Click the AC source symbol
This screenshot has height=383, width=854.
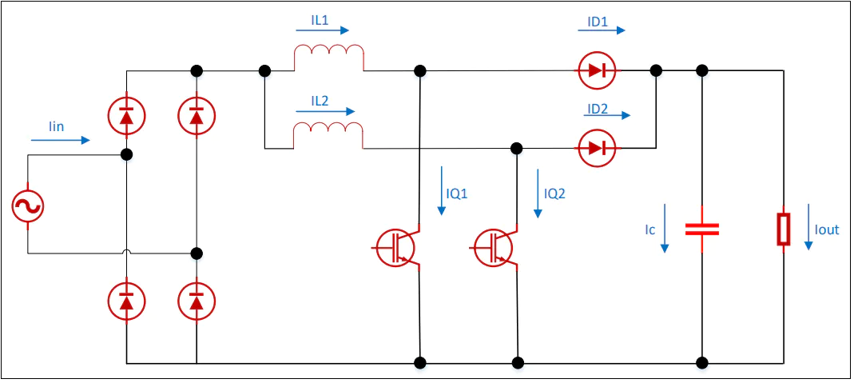click(x=27, y=206)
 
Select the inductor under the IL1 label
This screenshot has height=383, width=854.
click(x=329, y=57)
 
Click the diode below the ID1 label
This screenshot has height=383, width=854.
click(x=598, y=70)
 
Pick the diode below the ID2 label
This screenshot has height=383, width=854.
click(x=598, y=148)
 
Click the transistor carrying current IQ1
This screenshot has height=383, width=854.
click(x=396, y=248)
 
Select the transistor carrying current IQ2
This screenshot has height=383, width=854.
click(x=494, y=248)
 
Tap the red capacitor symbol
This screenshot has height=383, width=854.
click(x=701, y=229)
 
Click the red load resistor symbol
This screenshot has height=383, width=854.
click(x=783, y=229)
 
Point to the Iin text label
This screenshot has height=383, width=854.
click(x=56, y=127)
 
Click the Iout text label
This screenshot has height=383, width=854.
click(x=827, y=230)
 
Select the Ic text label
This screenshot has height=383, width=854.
click(x=649, y=230)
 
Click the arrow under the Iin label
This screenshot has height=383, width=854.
click(x=60, y=141)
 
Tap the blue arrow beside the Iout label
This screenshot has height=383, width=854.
click(x=808, y=226)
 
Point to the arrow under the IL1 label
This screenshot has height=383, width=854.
click(x=322, y=30)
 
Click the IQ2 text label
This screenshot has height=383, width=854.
click(x=554, y=193)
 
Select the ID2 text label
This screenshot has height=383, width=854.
click(x=597, y=109)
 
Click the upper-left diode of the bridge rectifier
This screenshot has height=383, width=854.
click(x=126, y=116)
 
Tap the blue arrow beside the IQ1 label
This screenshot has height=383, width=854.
click(x=441, y=190)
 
